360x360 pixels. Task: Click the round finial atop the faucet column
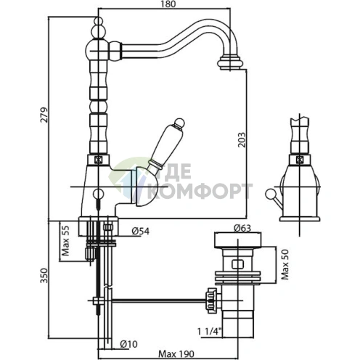click(96, 28)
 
